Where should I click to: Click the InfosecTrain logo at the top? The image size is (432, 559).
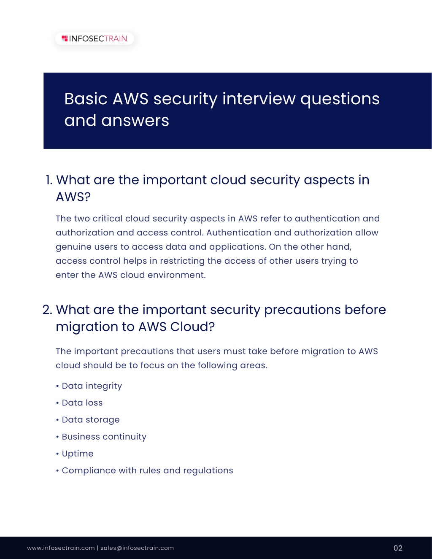(94, 38)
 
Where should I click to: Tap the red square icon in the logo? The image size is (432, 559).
(65, 38)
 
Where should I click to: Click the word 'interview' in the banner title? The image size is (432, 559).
(259, 99)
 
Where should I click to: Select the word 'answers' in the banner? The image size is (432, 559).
(135, 120)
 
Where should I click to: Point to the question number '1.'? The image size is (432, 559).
(49, 180)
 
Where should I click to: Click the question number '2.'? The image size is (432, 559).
(47, 310)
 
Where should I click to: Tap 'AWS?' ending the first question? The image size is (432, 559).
(73, 197)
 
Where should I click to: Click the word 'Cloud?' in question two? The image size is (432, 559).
(192, 327)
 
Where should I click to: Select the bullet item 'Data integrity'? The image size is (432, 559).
(92, 386)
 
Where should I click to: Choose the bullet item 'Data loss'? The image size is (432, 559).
(82, 402)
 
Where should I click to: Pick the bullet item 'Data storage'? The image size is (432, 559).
(91, 420)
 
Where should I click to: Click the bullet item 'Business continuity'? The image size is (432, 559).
(104, 437)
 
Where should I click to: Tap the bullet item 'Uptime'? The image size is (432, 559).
(78, 454)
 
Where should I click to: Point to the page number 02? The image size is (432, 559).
(398, 548)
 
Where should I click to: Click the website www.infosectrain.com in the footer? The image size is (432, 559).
(61, 548)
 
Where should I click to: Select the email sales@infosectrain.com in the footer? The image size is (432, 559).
(137, 548)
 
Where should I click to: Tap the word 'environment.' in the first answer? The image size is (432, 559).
(177, 275)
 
